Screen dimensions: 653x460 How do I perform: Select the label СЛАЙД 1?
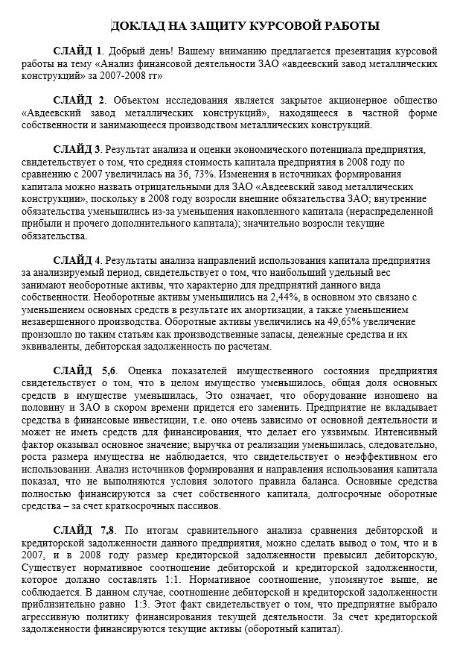coord(78,51)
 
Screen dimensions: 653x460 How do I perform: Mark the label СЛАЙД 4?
coord(78,260)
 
